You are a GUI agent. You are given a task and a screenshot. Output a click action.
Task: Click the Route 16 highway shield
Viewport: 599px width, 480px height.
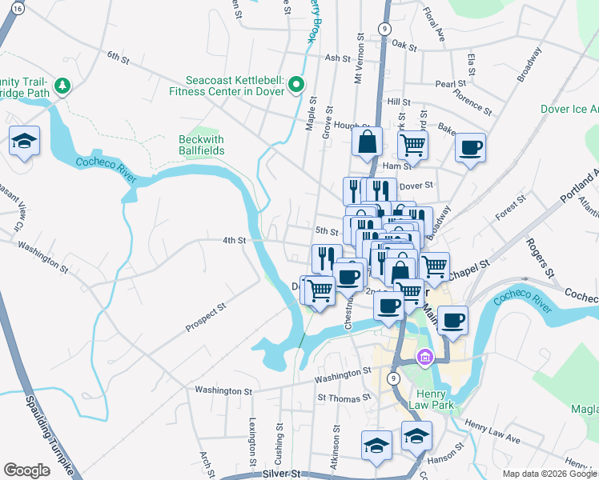coord(19,8)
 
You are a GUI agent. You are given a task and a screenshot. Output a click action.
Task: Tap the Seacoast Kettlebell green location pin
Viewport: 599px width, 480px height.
coord(296,83)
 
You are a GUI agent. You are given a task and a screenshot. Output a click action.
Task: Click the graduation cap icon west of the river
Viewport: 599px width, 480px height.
coord(25,142)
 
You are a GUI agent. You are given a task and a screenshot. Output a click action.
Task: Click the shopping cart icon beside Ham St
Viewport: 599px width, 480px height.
coord(412,145)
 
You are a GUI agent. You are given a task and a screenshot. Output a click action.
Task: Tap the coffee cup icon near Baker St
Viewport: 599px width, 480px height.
coord(470,147)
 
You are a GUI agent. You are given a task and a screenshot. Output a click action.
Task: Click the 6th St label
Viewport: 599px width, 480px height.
coord(118,57)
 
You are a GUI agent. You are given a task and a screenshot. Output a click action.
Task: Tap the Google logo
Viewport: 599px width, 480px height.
coord(26,470)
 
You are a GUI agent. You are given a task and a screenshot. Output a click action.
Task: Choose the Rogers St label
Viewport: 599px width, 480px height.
coord(540,257)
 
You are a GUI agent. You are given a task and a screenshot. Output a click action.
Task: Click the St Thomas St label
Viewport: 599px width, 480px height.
coord(344,397)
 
